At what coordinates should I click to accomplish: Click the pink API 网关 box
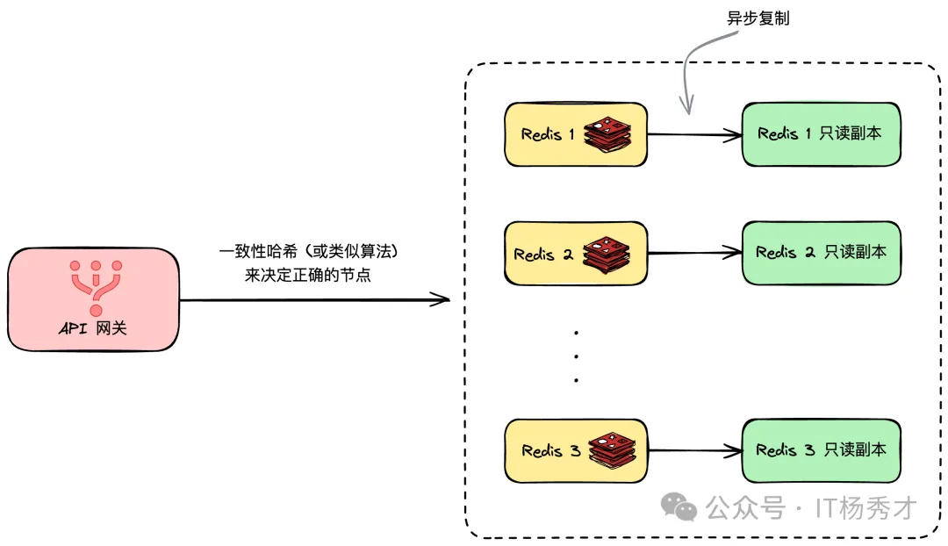point(94,299)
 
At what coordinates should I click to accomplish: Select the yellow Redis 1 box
point(549,134)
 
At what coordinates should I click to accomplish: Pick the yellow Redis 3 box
point(549,451)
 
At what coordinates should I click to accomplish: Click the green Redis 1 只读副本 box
point(821,134)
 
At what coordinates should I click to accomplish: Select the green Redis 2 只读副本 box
point(821,253)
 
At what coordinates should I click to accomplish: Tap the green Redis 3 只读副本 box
point(821,450)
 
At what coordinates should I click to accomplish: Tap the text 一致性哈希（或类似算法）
point(309,252)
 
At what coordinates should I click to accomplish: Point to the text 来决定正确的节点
point(308,275)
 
